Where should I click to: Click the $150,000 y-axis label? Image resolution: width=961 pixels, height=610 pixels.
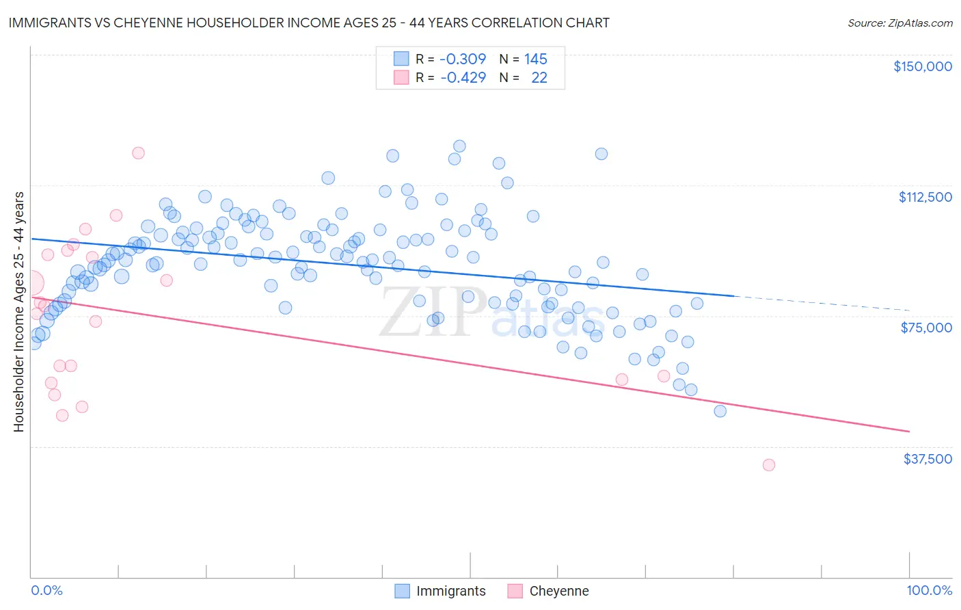coord(922,66)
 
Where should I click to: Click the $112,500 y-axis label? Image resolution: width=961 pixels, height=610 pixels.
coord(925,197)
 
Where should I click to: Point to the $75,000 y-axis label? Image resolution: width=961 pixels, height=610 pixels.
coord(926,328)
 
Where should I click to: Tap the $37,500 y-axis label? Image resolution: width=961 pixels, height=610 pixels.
coord(927,459)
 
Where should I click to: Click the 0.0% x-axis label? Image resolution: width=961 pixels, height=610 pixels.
coord(46,590)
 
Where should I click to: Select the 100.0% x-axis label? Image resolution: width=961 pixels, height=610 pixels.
coord(929,590)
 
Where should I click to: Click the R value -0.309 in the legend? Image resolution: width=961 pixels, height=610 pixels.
coord(463,59)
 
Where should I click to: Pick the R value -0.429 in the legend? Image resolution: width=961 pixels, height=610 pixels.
coord(463,77)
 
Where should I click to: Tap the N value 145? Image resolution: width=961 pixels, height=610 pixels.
coord(535,59)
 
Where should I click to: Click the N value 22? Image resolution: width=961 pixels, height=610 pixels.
coord(539,77)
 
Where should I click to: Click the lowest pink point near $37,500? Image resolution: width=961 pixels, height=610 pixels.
coord(768,465)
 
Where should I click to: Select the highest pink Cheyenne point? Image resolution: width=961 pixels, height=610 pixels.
coord(138,153)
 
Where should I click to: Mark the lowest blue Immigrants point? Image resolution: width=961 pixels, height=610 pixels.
coord(720,411)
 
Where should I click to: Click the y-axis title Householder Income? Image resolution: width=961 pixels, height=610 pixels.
coord(18,311)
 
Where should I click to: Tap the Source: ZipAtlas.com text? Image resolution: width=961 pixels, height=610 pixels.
coord(899,23)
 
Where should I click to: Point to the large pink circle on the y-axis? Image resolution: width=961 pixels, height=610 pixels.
coord(31,283)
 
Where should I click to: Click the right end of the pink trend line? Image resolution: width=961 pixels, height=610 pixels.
coord(909,432)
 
